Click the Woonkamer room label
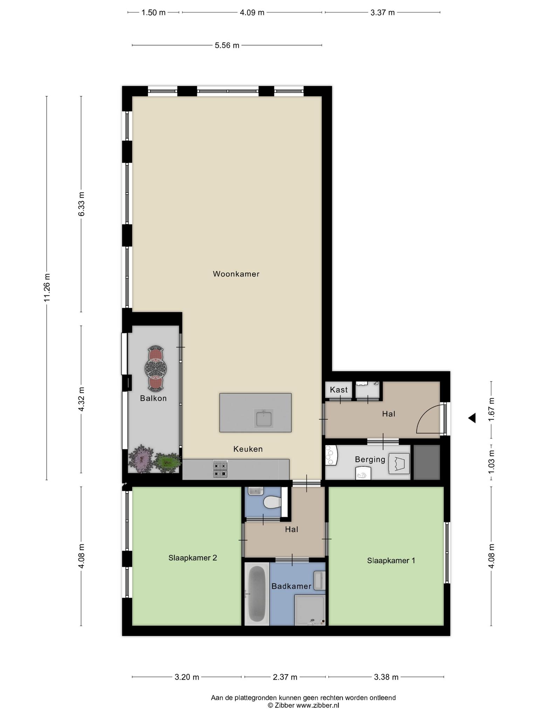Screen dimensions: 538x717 (236, 274)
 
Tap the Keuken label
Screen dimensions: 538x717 (248, 449)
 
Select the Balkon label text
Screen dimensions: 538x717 (153, 398)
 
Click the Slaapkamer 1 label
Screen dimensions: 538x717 (391, 561)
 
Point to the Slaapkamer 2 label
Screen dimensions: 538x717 (193, 558)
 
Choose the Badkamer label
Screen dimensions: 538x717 (291, 586)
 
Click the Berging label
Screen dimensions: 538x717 (370, 459)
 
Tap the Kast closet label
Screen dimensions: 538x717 (339, 390)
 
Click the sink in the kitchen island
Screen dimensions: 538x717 (264, 419)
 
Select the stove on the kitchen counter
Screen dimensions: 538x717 (220, 469)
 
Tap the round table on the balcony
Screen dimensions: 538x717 (156, 368)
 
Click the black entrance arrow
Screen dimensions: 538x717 (472, 418)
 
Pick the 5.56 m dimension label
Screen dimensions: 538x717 (227, 46)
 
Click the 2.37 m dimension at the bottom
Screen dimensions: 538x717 (285, 677)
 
